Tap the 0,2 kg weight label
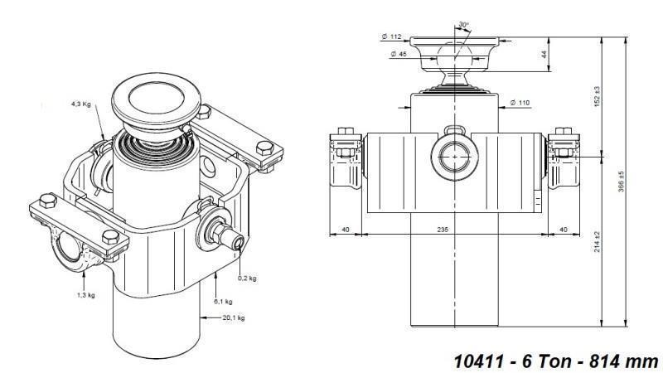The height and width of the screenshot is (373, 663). (248, 278)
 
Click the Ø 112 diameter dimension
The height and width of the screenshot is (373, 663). (391, 36)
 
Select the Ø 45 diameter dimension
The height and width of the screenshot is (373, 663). (398, 55)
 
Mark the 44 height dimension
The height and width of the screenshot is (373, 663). (566, 54)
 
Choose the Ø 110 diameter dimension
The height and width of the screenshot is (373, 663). (520, 102)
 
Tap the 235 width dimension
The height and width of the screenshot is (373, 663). (446, 229)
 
